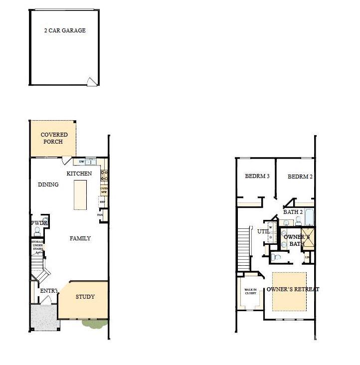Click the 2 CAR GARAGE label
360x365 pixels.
[x=65, y=30]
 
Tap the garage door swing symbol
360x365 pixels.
[x=91, y=82]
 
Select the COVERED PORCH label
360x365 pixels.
[x=54, y=138]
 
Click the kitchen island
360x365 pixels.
[x=80, y=195]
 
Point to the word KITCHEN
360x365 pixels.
[x=79, y=174]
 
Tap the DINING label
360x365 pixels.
[x=48, y=184]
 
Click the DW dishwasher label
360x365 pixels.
[x=81, y=162]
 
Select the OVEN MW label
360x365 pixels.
[x=104, y=190]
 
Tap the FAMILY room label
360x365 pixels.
[x=80, y=238]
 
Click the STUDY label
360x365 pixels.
[x=85, y=297]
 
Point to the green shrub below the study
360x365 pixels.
[x=95, y=324]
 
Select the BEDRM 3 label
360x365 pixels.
[x=257, y=177]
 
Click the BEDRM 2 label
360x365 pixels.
[x=300, y=177]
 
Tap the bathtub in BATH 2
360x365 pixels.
[x=309, y=218]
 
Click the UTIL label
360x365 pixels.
[x=263, y=231]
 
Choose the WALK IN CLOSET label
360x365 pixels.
[x=250, y=291]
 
